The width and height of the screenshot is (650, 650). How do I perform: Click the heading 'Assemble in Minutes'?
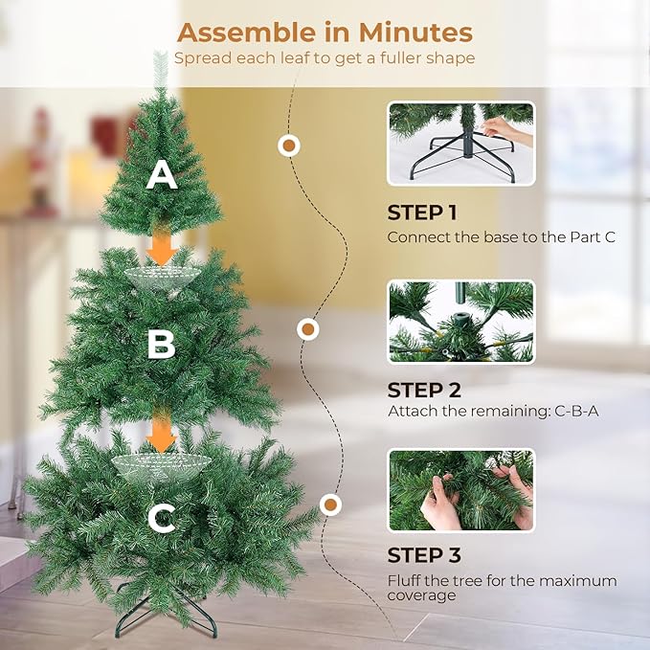tap(325, 32)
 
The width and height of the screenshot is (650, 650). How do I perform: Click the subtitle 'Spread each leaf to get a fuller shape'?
tap(325, 58)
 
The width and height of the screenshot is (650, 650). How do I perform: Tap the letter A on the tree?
tap(162, 175)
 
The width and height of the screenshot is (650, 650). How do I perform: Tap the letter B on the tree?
tap(161, 345)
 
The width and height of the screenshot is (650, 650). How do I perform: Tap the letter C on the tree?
tap(162, 519)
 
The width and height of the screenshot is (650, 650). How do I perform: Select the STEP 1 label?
tap(428, 213)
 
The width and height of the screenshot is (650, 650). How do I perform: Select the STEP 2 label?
tap(424, 390)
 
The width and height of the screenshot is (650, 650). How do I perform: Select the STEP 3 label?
tap(424, 555)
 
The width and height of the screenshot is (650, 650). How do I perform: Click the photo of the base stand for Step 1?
tap(460, 144)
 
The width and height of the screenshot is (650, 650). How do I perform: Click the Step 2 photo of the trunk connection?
tap(460, 322)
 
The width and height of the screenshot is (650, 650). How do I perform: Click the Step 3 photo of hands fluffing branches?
tap(460, 490)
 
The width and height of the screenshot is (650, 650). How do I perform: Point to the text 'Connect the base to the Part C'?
tap(501, 236)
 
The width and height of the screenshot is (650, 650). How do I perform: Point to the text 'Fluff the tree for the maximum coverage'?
tap(502, 588)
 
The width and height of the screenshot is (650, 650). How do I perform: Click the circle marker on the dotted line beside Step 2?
tap(308, 329)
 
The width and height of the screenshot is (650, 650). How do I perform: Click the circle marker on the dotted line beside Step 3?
tap(331, 504)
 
